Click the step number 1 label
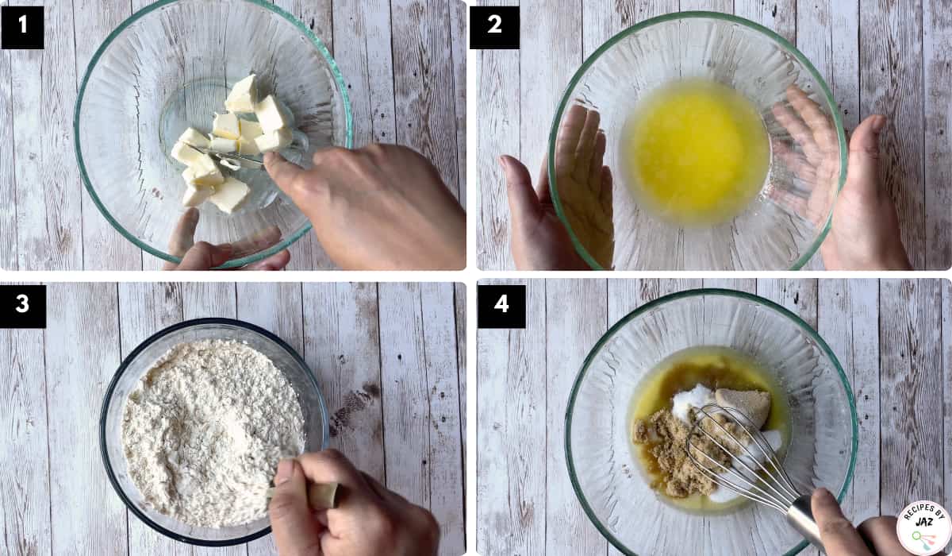[x=22, y=27]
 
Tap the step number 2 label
[x=494, y=27]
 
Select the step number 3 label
[x=23, y=306]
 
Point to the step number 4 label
[x=501, y=306]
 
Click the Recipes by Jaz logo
[x=924, y=528]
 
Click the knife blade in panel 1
[x=225, y=155]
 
